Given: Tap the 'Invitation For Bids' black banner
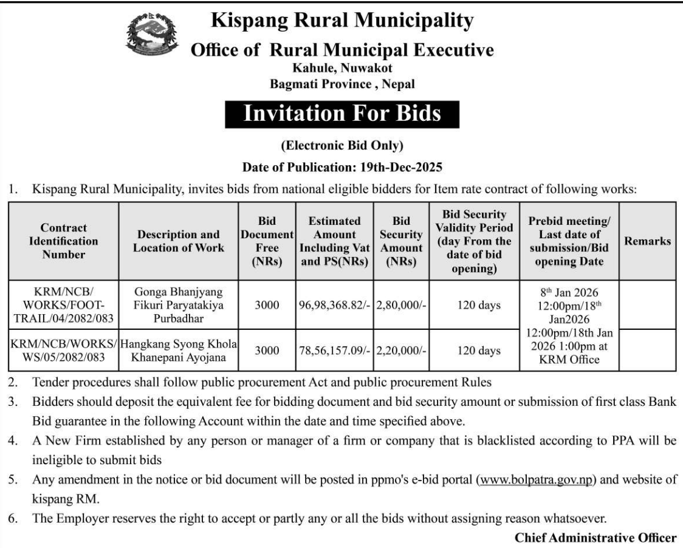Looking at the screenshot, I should coord(342,114).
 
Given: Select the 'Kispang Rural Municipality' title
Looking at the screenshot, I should coord(342,21).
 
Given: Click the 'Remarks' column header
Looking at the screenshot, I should coord(648,241).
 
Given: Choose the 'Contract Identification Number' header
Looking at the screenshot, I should coord(63,241).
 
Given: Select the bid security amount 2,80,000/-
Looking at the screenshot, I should coord(402,305).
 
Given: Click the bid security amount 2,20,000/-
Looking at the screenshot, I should coord(402,351).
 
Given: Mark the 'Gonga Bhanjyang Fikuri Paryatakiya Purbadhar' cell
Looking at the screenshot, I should coord(179,305).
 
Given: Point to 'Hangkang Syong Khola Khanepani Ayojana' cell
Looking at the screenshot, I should coord(179,351).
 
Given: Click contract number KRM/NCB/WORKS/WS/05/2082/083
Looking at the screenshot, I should coord(63,351).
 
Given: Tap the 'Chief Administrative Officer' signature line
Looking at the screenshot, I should coord(595,538).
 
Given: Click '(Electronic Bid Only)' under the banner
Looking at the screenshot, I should coord(342,145).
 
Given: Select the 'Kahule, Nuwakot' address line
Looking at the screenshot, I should coord(342,69).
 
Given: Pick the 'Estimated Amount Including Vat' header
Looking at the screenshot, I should coord(334,241).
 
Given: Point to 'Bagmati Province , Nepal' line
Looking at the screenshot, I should coord(342,84).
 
